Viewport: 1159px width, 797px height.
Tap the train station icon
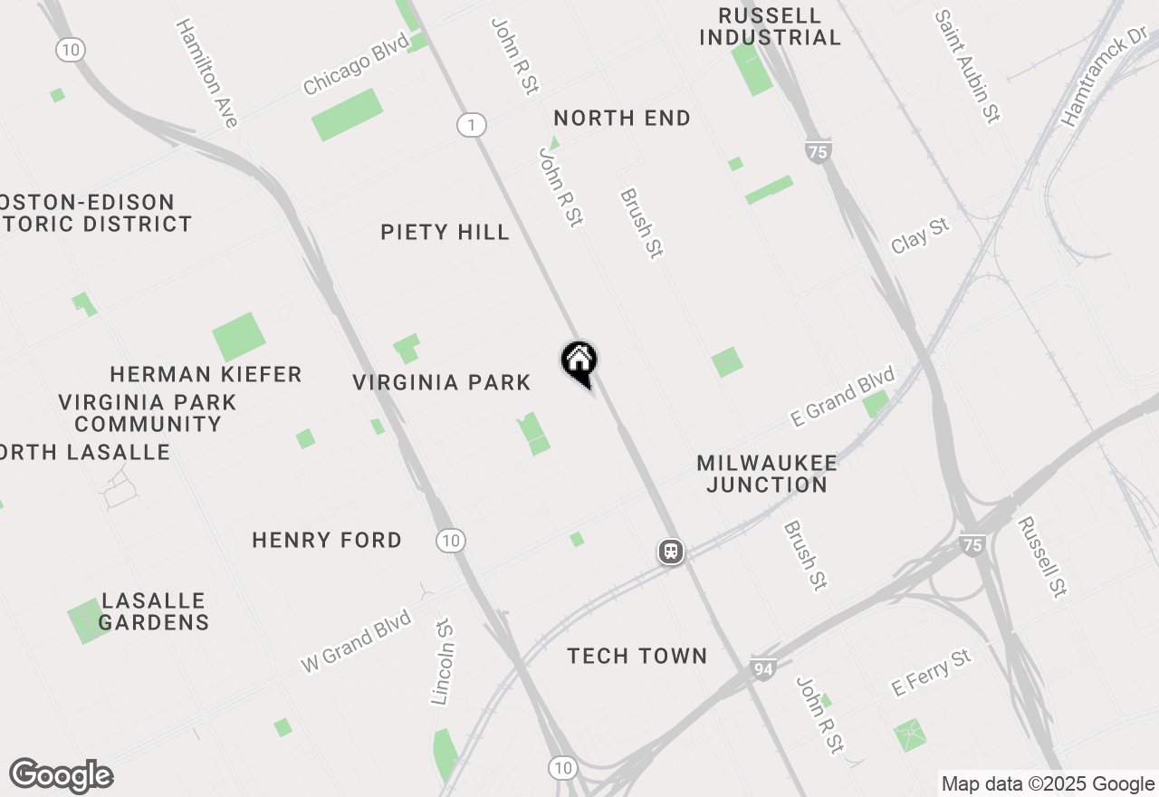click(671, 551)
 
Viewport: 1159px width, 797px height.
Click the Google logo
click(62, 775)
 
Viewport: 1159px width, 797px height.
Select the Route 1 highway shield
click(471, 125)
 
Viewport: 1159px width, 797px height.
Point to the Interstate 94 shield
click(763, 670)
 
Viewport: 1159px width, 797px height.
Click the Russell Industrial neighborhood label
click(771, 27)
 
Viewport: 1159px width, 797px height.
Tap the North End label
click(622, 118)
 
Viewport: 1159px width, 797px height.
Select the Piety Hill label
click(445, 233)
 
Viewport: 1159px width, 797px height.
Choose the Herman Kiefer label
click(206, 374)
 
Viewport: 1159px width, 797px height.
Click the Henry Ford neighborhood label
click(327, 541)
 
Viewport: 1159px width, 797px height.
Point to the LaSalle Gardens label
click(154, 611)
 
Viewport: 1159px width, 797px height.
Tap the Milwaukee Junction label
click(767, 474)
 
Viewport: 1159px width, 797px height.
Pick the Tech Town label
click(637, 656)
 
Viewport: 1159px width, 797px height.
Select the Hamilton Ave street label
click(207, 72)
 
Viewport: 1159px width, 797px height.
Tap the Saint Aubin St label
click(967, 67)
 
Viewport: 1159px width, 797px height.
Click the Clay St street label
click(921, 235)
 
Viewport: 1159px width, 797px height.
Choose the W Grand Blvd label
click(356, 641)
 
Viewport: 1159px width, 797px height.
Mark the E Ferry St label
click(931, 673)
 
